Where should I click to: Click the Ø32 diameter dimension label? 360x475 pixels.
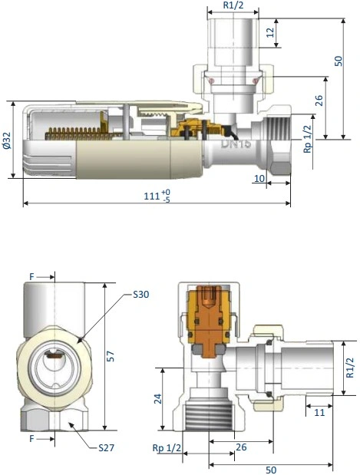point(7,140)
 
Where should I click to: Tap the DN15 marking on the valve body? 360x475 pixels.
point(236,143)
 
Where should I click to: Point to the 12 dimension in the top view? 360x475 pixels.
point(271,32)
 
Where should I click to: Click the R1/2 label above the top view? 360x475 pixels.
point(233,5)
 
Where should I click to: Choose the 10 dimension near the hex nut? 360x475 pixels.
point(259,179)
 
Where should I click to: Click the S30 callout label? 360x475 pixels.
point(141,294)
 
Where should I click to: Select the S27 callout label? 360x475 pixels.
point(107,447)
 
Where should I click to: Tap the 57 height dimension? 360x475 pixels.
point(111,356)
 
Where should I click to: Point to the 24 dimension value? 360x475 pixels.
point(158,399)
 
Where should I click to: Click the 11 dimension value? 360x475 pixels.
point(319,412)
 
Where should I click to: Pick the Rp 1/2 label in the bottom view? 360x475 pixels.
point(167,447)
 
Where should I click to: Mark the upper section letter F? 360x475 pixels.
point(31,276)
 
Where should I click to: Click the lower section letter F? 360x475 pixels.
point(31,438)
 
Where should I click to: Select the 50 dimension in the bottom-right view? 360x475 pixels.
point(271,470)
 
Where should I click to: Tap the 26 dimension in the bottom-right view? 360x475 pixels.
point(241,447)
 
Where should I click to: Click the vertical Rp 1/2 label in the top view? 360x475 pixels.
point(308,140)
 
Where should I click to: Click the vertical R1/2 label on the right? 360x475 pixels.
point(350,368)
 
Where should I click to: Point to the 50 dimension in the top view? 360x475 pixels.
point(339,61)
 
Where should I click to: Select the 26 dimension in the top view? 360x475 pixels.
point(319,101)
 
